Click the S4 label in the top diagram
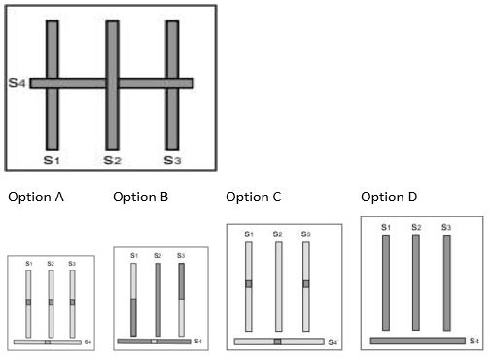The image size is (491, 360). click(17, 83)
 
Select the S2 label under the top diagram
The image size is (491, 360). click(112, 159)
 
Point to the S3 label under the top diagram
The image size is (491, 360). click(172, 159)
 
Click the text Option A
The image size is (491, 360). click(36, 197)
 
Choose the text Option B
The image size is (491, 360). click(140, 197)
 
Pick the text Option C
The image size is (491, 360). click(253, 197)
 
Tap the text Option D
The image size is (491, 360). click(389, 197)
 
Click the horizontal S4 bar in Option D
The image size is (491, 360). click(418, 341)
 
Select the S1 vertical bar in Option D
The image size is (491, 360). click(386, 282)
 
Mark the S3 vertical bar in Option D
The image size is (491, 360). click(447, 282)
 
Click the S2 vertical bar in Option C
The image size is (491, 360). click(279, 286)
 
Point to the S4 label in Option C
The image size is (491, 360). click(333, 342)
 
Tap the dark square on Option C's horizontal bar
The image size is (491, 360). click(278, 342)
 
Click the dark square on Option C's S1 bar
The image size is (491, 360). click(249, 284)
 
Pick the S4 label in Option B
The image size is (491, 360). click(197, 341)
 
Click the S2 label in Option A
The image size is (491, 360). click(51, 264)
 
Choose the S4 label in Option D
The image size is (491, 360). click(474, 341)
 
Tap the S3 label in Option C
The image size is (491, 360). click(305, 234)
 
